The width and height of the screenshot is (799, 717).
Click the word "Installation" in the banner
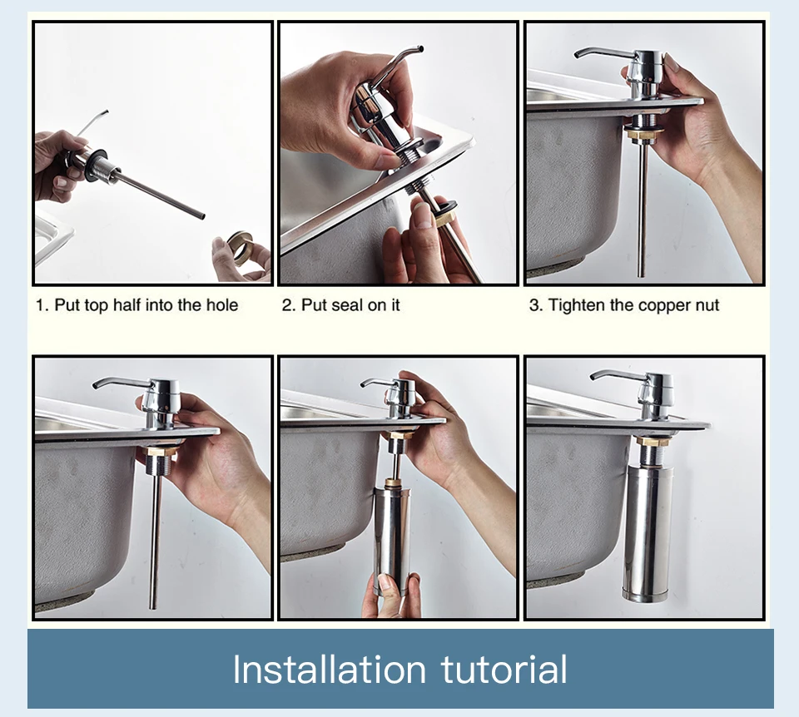pyautogui.click(x=330, y=669)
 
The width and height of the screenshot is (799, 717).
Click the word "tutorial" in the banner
pyautogui.click(x=504, y=669)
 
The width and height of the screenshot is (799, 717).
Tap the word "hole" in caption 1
pyautogui.click(x=222, y=305)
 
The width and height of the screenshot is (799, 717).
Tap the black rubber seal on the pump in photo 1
pyautogui.click(x=98, y=165)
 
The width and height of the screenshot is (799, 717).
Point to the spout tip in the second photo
pyautogui.click(x=420, y=49)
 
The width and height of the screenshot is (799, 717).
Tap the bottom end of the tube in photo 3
pyautogui.click(x=642, y=275)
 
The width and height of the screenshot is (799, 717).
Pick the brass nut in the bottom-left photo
pyautogui.click(x=161, y=450)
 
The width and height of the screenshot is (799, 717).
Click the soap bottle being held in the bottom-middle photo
pyautogui.click(x=392, y=540)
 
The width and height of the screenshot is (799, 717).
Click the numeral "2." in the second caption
pyautogui.click(x=289, y=305)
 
